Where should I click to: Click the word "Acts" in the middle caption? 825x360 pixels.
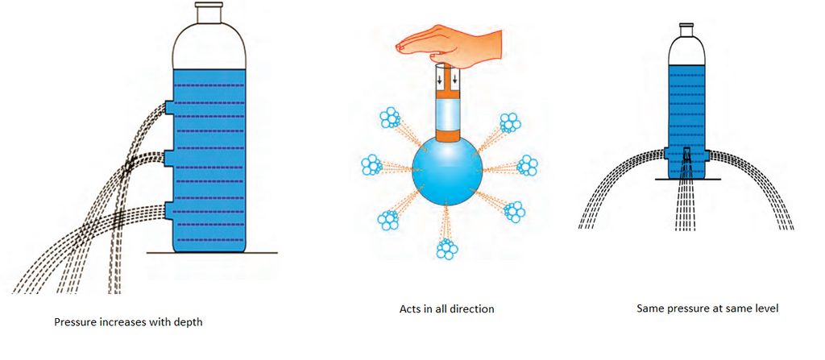(409, 309)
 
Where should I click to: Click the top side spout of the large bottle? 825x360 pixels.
(169, 107)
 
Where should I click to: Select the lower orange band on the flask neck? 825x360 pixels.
(446, 134)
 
